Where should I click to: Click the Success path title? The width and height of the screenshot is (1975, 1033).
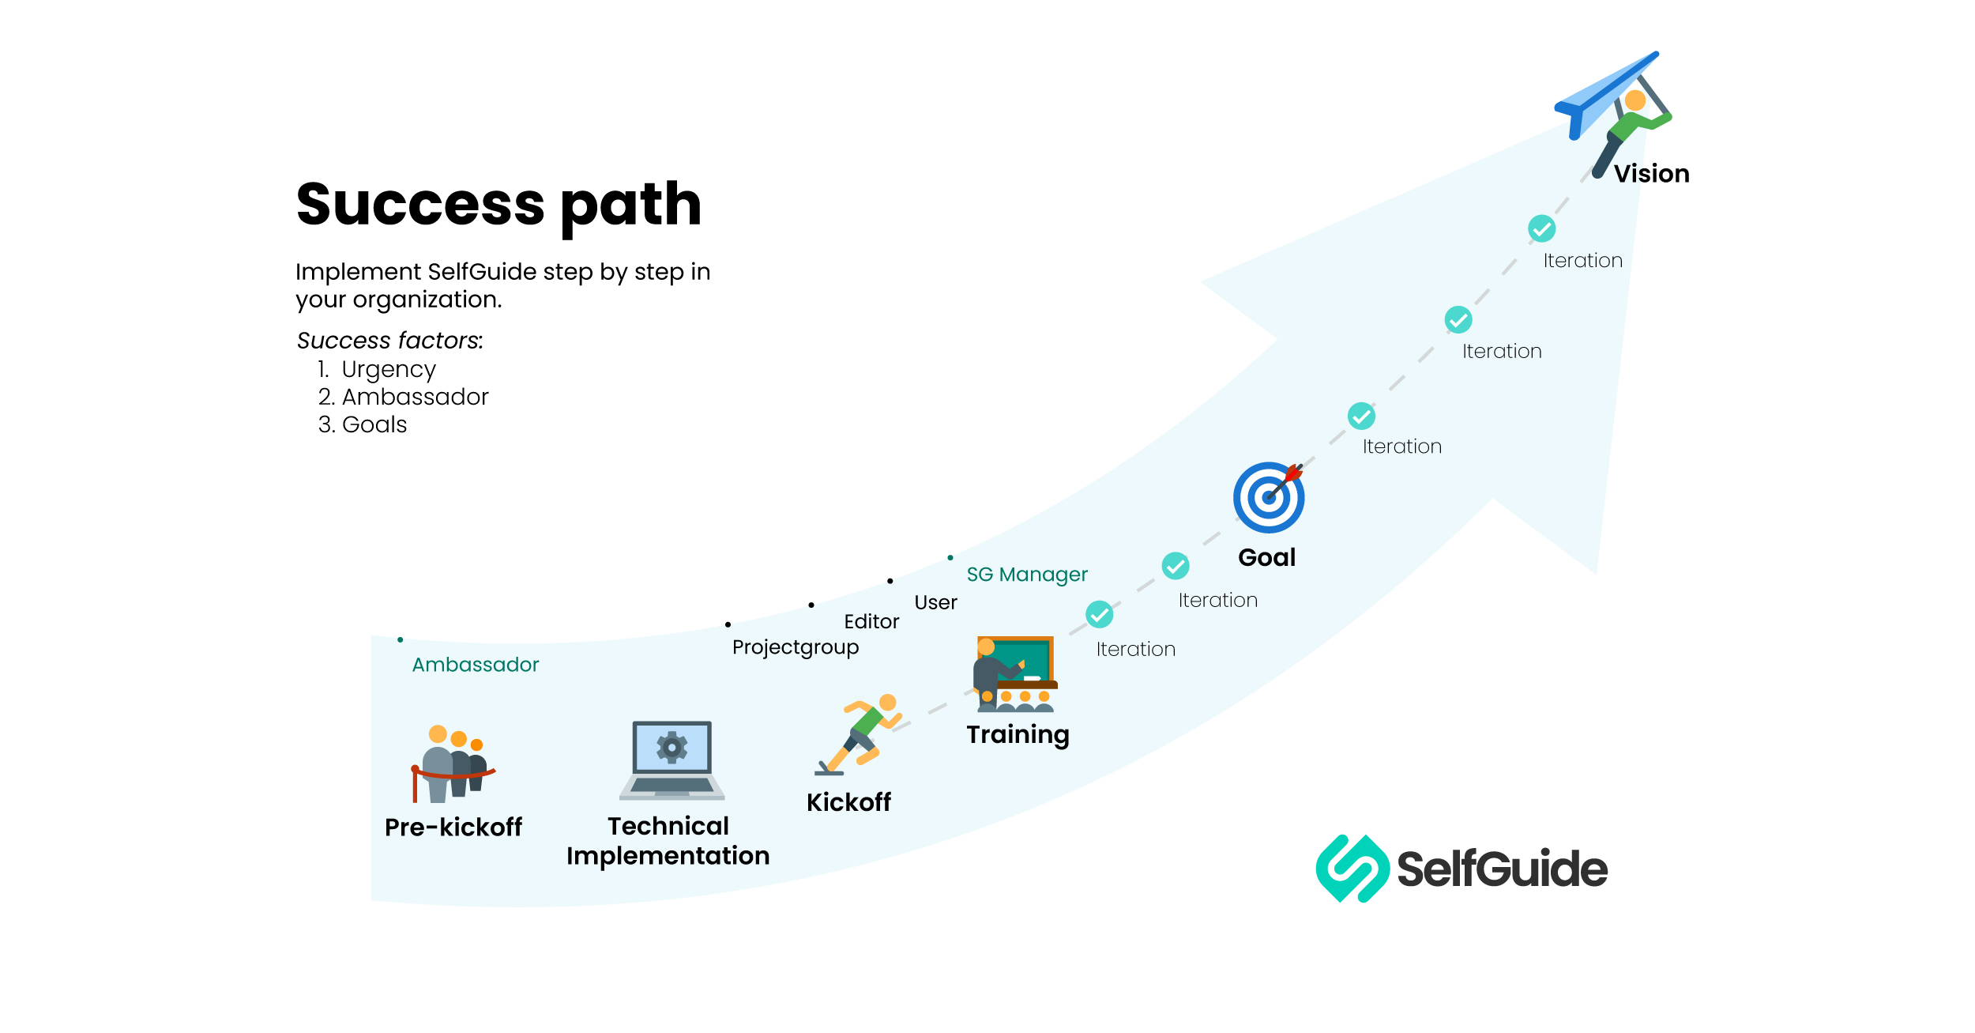pyautogui.click(x=498, y=204)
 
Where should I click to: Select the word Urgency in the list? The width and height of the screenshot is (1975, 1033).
pyautogui.click(x=388, y=370)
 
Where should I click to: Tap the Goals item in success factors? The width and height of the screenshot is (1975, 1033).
pyautogui.click(x=374, y=424)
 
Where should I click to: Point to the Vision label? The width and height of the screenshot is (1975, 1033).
pyautogui.click(x=1651, y=174)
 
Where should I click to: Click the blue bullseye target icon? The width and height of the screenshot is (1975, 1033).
pyautogui.click(x=1268, y=497)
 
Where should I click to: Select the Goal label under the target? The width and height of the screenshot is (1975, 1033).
pyautogui.click(x=1266, y=557)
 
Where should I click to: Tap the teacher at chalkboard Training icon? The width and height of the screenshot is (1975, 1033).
pyautogui.click(x=1014, y=673)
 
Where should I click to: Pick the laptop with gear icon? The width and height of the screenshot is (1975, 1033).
pyautogui.click(x=672, y=760)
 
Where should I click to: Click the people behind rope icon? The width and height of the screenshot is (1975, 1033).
pyautogui.click(x=452, y=763)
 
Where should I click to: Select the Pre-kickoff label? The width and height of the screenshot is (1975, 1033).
pyautogui.click(x=453, y=827)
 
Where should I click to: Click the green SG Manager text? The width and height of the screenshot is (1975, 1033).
pyautogui.click(x=1026, y=575)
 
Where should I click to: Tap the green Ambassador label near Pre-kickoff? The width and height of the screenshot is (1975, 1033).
pyautogui.click(x=475, y=665)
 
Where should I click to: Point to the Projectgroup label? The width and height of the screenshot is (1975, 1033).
pyautogui.click(x=795, y=647)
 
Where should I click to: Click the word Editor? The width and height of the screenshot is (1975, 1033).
pyautogui.click(x=871, y=622)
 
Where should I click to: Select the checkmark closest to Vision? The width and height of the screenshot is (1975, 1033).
pyautogui.click(x=1540, y=228)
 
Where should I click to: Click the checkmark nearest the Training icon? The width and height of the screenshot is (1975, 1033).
pyautogui.click(x=1099, y=614)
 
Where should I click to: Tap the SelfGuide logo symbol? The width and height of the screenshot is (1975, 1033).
pyautogui.click(x=1352, y=869)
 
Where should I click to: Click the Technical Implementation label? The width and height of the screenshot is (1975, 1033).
pyautogui.click(x=668, y=841)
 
